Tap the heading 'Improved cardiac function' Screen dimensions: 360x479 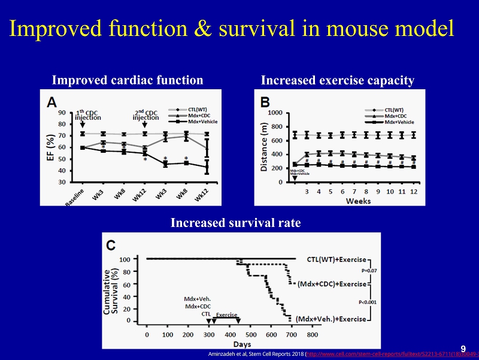tap(128, 80)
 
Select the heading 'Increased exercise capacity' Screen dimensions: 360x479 tap(337, 80)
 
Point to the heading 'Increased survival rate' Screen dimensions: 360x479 tap(235, 223)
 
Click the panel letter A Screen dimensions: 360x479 tap(53, 102)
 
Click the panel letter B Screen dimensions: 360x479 tap(264, 102)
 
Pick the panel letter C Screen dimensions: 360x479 tap(112, 245)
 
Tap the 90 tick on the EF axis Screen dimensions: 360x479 tap(62, 112)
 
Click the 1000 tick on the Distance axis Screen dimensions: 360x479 tap(275, 112)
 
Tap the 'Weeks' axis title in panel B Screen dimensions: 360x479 tap(358, 202)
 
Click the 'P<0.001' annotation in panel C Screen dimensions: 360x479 tap(367, 302)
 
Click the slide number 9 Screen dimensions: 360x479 tap(463, 349)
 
